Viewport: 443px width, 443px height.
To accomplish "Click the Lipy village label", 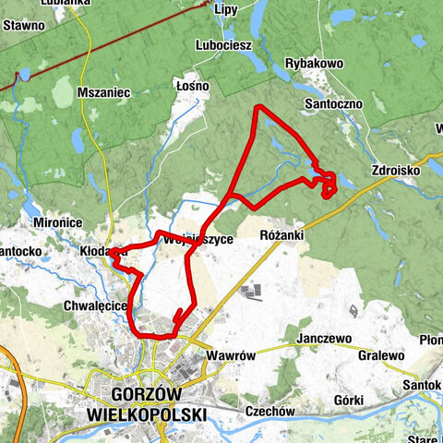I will [x=226, y=10].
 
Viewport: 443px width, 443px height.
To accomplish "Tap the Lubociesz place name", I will [x=222, y=44].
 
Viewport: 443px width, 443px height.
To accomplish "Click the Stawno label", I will [x=23, y=26].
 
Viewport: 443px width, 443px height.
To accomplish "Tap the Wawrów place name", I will [x=230, y=354].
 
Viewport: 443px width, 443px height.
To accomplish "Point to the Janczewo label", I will [x=323, y=339].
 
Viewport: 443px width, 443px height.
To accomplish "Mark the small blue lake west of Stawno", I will [x=25, y=74].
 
